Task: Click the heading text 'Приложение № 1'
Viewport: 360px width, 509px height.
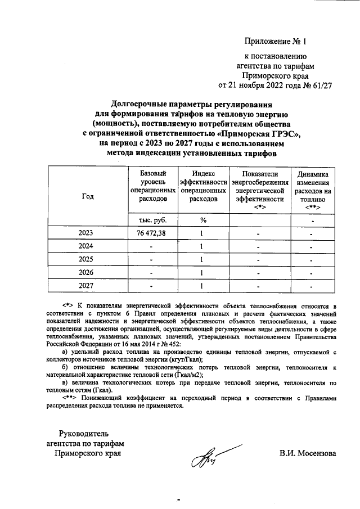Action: [x=276, y=42]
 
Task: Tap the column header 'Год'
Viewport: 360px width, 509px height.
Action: [x=88, y=196]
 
